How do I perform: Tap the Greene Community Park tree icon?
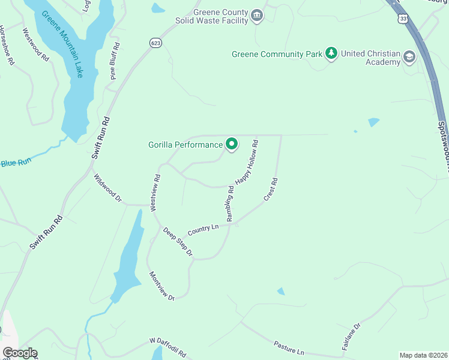point(331,54)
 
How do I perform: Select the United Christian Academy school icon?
point(409,58)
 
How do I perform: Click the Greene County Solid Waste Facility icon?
point(258,16)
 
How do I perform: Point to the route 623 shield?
point(156,43)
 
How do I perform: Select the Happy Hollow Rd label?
point(246,161)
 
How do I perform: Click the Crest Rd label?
point(270,189)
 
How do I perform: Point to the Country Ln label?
point(202,230)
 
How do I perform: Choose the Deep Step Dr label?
point(178,242)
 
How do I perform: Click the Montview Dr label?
point(161,286)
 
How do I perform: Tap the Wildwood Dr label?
point(108,188)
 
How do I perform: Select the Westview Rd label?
point(155,193)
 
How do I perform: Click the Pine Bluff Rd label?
point(114,61)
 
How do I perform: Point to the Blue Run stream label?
point(16,163)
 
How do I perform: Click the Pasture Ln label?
point(289,347)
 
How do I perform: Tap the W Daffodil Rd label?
point(168,347)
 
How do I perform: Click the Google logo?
point(19,353)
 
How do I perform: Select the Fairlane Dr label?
point(352,336)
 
